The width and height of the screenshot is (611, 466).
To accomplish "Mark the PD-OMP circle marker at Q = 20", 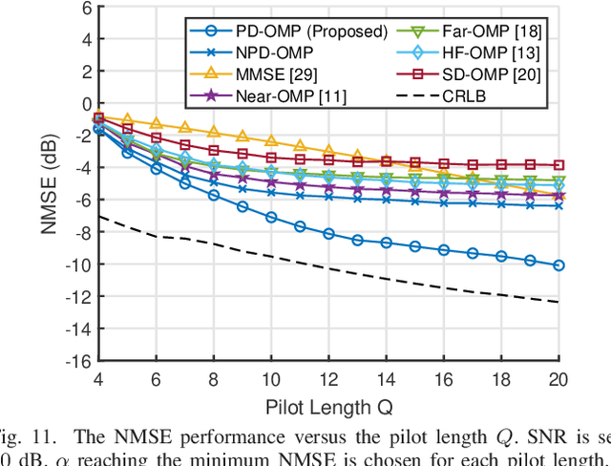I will pyautogui.click(x=558, y=265).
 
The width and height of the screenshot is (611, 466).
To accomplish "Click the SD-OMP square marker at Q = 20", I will pyautogui.click(x=558, y=165).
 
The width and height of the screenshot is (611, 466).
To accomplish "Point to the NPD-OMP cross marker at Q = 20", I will pyautogui.click(x=558, y=205).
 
